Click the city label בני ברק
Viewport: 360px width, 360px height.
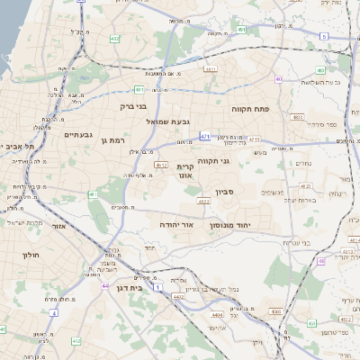point(134,106)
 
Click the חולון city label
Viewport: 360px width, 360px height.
point(30,256)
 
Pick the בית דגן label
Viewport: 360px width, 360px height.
point(130,288)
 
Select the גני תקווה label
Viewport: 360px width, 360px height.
point(238,162)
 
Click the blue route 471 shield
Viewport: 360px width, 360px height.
point(205,136)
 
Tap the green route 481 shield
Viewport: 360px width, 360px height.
point(139,90)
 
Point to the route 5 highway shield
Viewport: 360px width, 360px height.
point(323,36)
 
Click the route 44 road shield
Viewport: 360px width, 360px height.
point(105,286)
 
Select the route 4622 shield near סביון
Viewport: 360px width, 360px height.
point(205,202)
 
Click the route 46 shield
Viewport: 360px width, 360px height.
point(321,262)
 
